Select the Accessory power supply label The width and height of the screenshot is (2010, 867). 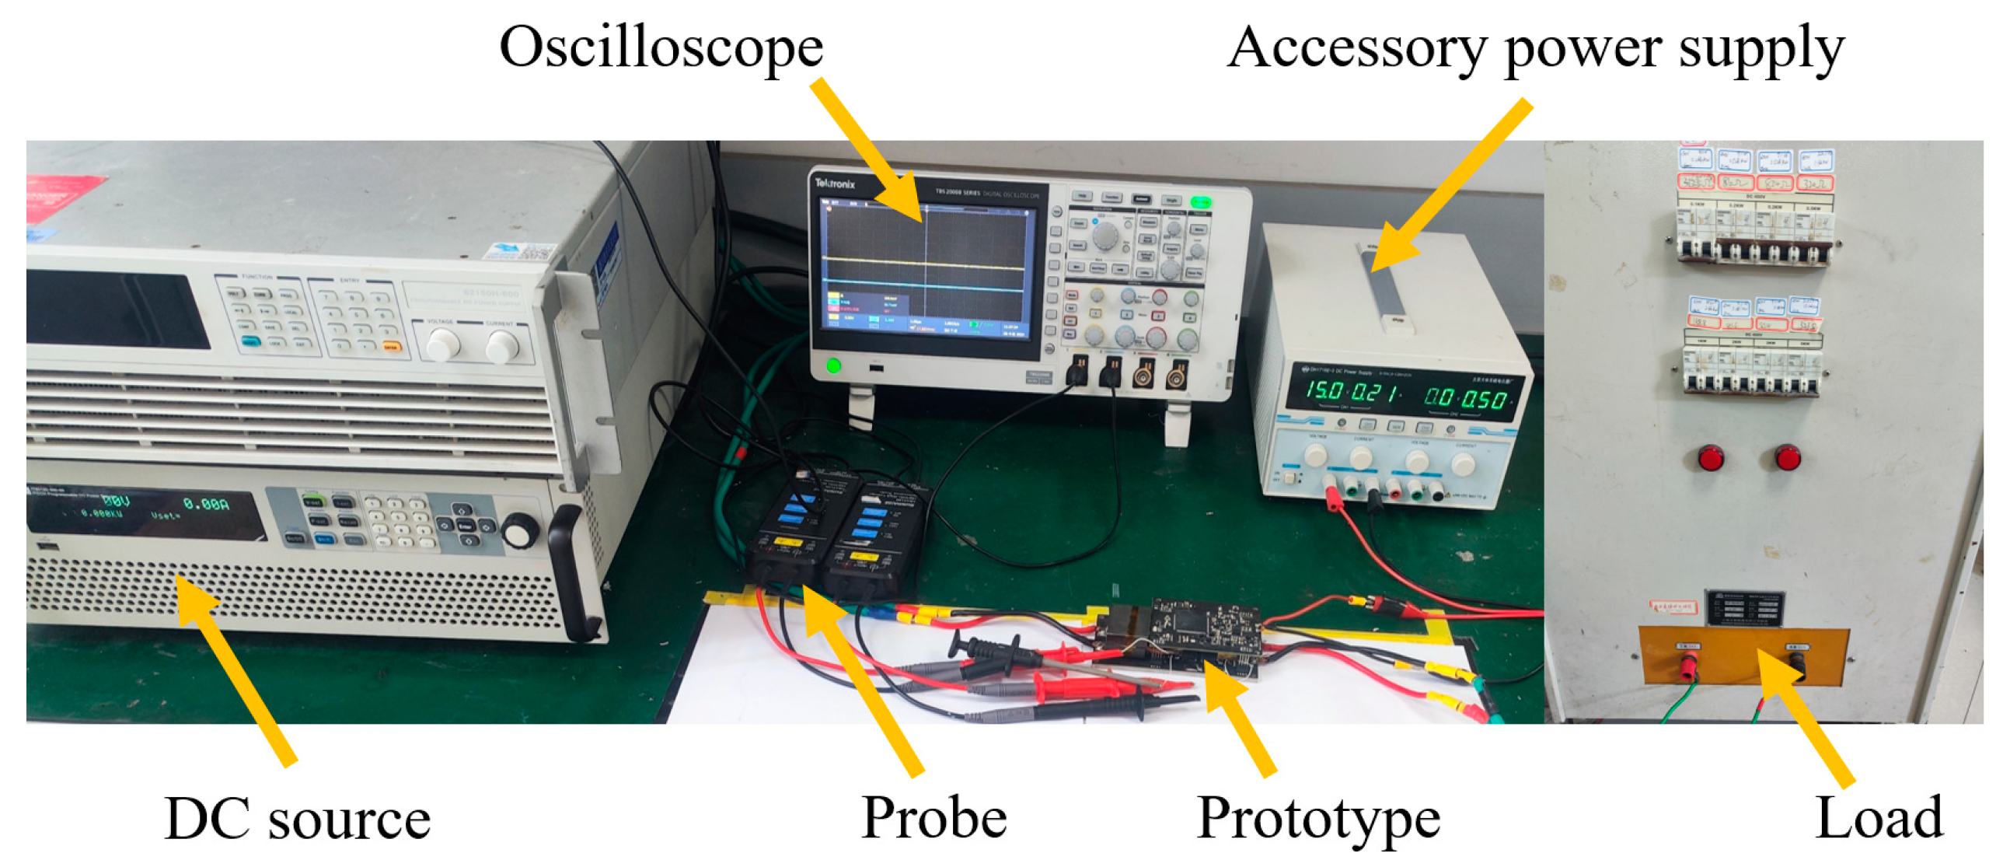(x=1535, y=48)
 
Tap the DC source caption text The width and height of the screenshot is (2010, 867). (x=297, y=819)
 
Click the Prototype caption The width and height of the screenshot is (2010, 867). (x=1318, y=819)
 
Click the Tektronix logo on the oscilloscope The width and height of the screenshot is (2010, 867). (x=835, y=184)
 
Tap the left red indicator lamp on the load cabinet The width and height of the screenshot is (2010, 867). (x=1711, y=457)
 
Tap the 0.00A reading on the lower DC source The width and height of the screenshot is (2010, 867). (x=206, y=505)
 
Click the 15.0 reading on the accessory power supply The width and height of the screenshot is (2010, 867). (x=1324, y=390)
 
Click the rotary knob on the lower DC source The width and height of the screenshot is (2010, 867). (x=519, y=530)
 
